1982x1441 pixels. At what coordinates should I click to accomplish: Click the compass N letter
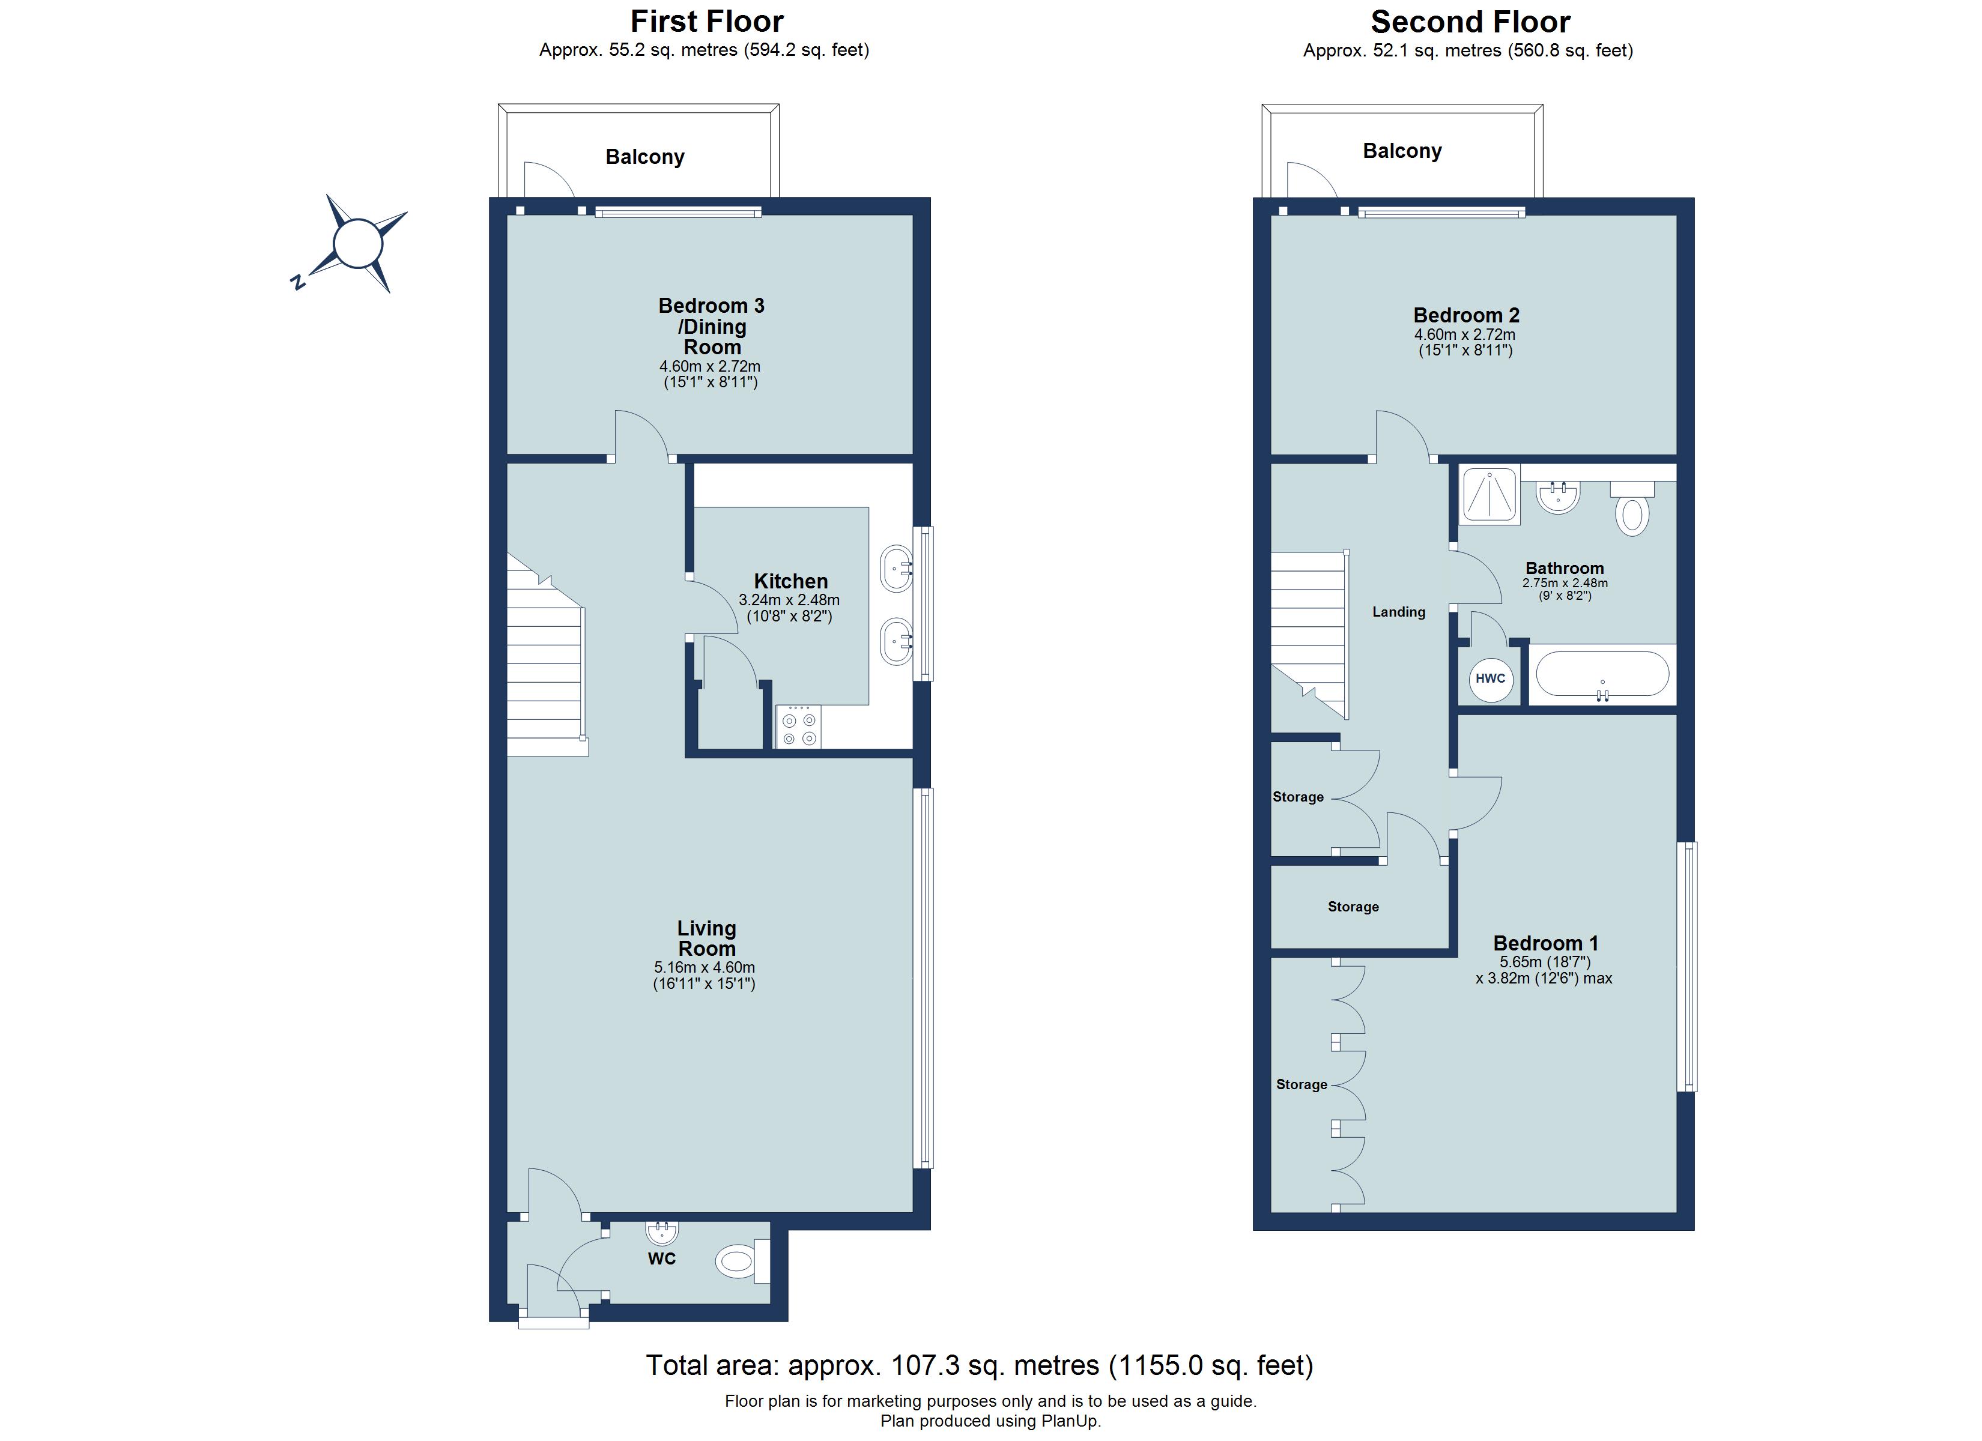point(297,282)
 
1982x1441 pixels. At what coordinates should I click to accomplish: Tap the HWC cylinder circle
point(1490,678)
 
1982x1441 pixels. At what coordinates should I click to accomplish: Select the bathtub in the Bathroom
point(1602,675)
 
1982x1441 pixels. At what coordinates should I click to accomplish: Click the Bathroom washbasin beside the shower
point(1558,497)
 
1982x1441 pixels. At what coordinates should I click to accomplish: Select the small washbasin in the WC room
point(661,1232)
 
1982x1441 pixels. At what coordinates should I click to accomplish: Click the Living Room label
point(706,938)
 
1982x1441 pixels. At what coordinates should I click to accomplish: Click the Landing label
point(1398,612)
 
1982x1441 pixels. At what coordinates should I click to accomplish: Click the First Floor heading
point(707,21)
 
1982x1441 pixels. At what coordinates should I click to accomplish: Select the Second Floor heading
point(1470,21)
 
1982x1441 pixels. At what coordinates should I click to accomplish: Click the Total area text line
point(979,1365)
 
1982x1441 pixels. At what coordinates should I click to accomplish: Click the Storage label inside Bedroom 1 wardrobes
point(1302,1084)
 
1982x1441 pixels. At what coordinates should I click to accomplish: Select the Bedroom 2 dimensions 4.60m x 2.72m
point(1465,334)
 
